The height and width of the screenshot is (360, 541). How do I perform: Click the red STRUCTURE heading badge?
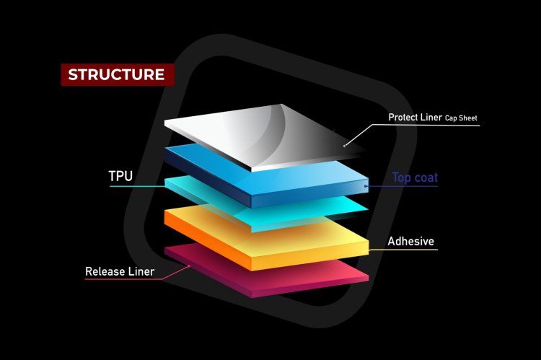click(x=116, y=74)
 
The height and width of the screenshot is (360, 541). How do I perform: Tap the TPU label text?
click(x=120, y=176)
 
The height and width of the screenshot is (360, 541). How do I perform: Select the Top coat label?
click(x=416, y=177)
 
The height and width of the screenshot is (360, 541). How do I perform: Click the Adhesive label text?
click(x=411, y=241)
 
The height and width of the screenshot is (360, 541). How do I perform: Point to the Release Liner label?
click(x=120, y=271)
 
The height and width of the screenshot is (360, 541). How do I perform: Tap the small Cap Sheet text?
click(x=461, y=118)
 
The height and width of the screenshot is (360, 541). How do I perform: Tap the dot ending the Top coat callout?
click(x=366, y=186)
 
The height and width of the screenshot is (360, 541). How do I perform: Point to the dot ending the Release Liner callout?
click(x=189, y=265)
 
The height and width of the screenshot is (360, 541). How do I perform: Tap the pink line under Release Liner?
click(x=123, y=280)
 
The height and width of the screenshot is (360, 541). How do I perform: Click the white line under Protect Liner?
click(x=433, y=126)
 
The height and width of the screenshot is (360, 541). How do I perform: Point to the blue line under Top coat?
click(x=415, y=186)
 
